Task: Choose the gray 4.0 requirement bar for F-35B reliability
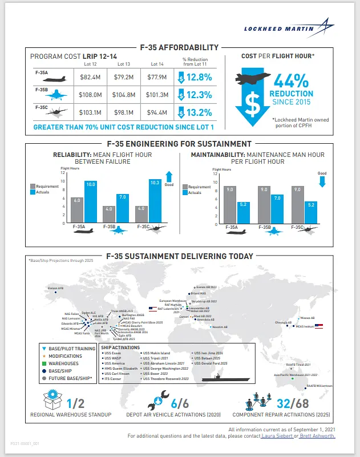(109, 215)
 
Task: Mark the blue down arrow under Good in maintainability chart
(322, 181)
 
